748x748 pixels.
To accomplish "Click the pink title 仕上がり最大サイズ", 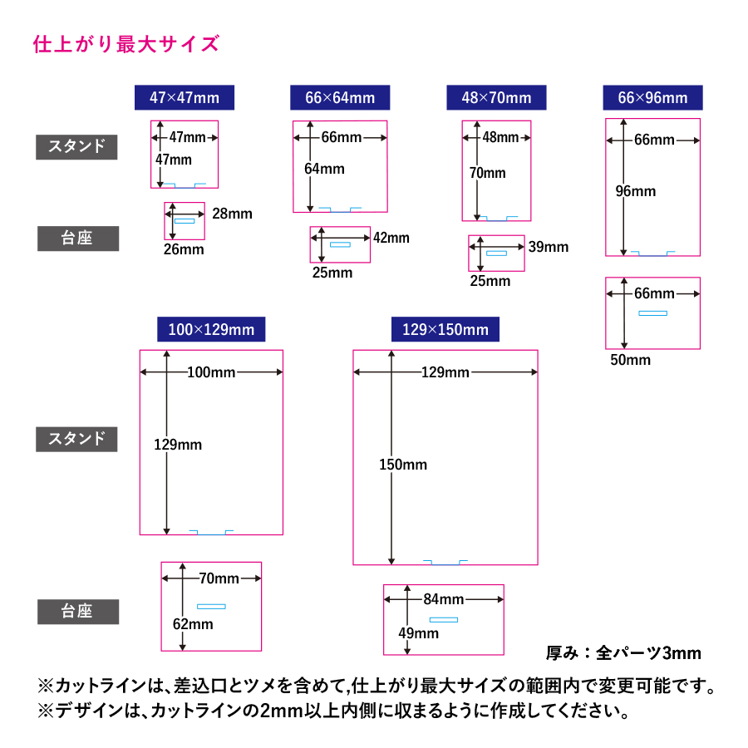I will pos(125,43).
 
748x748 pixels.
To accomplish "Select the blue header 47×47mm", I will pos(185,97).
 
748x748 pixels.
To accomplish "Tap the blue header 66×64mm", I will pos(340,97).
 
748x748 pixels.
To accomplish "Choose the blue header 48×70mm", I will pos(496,97).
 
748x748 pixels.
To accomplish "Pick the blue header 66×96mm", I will pos(652,97).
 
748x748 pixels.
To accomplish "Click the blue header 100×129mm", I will pos(211,329).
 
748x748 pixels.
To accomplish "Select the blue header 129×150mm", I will pos(445,329).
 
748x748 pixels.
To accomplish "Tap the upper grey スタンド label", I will pos(77,146).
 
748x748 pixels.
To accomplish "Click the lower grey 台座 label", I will pos(77,612).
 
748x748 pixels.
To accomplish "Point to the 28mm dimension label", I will pos(232,214).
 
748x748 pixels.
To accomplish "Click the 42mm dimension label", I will pos(391,238).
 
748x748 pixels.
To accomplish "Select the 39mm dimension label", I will pos(549,247).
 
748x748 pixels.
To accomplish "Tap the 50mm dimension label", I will pos(630,360).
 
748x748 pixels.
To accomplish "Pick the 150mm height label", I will pos(402,465).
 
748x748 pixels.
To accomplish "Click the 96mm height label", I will pos(635,191).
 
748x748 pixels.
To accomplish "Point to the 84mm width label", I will pos(443,598).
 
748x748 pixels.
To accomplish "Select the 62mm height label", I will pos(193,623).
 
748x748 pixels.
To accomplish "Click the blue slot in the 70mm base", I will pos(211,606).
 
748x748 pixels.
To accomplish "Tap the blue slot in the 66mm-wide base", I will pos(652,313).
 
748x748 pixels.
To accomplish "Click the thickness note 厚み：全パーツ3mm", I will pos(623,652).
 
